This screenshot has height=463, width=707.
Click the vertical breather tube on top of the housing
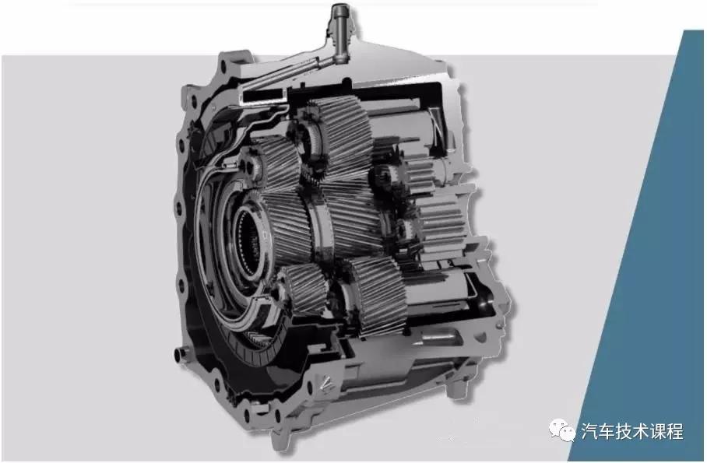(x=338, y=33)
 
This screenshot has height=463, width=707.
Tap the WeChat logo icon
(x=562, y=430)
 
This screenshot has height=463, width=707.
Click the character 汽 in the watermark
(x=589, y=431)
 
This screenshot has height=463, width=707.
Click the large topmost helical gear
(x=340, y=135)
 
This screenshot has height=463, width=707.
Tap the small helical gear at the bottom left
(x=304, y=289)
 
